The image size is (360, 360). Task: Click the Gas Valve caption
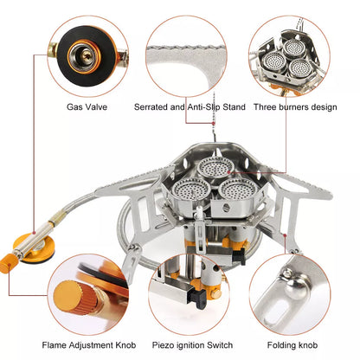87,107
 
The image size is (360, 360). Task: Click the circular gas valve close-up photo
87,51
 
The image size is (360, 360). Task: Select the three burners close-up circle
295,51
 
